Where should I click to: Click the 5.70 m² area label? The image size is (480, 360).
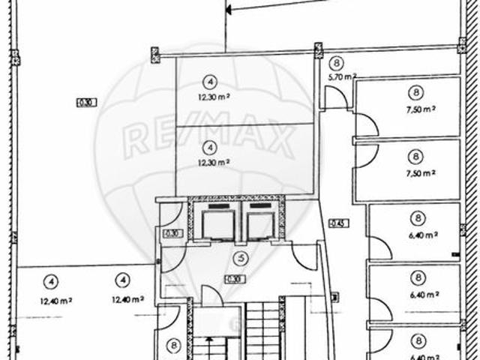click(341, 76)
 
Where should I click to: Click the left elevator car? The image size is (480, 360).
click(217, 221)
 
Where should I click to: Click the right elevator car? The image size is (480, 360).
click(260, 221)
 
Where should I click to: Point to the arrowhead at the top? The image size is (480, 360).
click(232, 9)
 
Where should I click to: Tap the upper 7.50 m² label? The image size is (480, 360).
click(421, 109)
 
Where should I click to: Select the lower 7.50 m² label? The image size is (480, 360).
click(421, 172)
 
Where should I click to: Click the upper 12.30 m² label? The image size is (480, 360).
click(213, 97)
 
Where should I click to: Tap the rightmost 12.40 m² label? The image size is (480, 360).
click(126, 300)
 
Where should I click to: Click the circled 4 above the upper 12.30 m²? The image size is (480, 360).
click(212, 82)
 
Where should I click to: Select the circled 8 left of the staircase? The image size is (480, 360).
click(173, 346)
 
